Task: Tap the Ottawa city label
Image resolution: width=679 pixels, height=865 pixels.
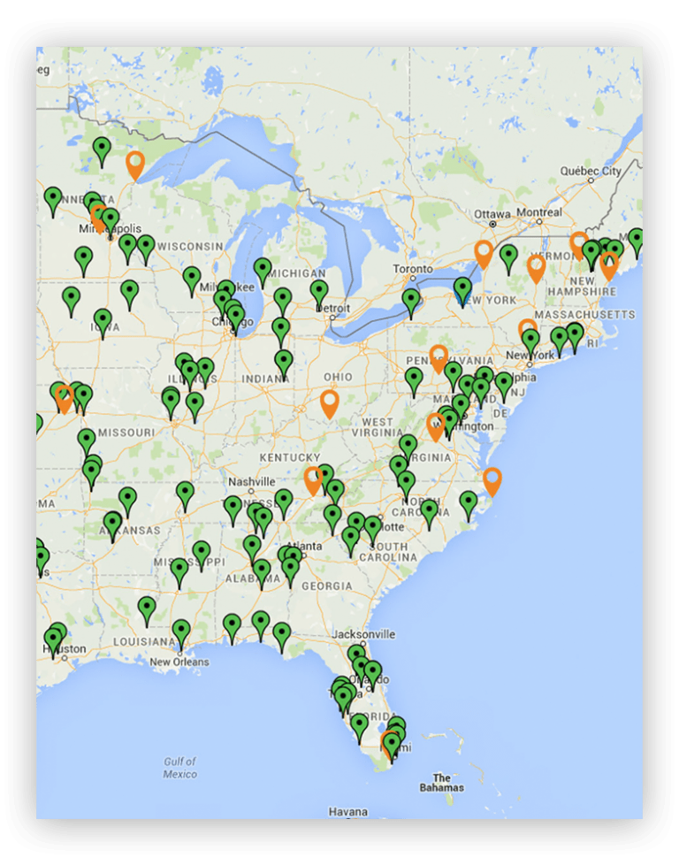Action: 492,214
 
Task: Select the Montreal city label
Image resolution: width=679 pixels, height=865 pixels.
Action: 539,213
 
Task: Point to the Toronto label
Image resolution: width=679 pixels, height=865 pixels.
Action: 413,269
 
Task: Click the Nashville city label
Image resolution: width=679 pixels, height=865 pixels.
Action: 252,482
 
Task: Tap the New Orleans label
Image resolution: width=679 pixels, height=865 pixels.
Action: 179,662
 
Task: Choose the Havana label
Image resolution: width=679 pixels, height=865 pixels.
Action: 347,811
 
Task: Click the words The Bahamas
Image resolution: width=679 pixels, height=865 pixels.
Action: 441,782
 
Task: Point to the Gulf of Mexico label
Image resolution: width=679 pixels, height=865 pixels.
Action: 180,768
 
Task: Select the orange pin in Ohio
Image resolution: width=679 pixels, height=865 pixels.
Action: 330,402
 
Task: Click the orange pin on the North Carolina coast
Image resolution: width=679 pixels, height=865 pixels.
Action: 492,480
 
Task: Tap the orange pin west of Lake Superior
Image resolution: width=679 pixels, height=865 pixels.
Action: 135,164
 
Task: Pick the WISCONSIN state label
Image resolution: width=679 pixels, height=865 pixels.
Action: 191,246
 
